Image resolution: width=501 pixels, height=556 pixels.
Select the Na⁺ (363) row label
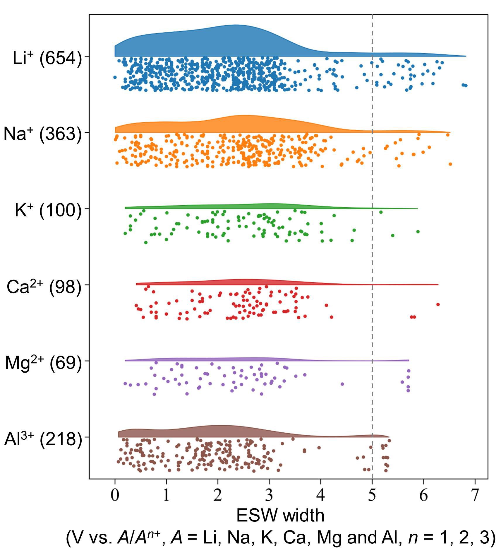coord(43,134)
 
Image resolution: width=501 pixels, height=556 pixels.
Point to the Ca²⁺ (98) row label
coord(44,286)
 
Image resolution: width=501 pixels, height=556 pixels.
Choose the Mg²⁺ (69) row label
coord(44,363)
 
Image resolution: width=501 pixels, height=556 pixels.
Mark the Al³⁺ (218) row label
coord(43,439)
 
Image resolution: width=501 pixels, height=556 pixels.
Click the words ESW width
coord(280,516)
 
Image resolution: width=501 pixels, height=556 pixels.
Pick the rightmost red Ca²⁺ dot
coord(438,304)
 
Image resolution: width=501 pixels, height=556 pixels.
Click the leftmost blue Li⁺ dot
coord(115,77)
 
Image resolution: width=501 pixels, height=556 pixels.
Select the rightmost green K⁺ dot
coord(418,231)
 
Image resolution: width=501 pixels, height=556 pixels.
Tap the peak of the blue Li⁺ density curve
coord(236,25)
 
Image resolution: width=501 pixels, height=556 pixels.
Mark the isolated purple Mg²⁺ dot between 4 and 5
coord(342,384)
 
